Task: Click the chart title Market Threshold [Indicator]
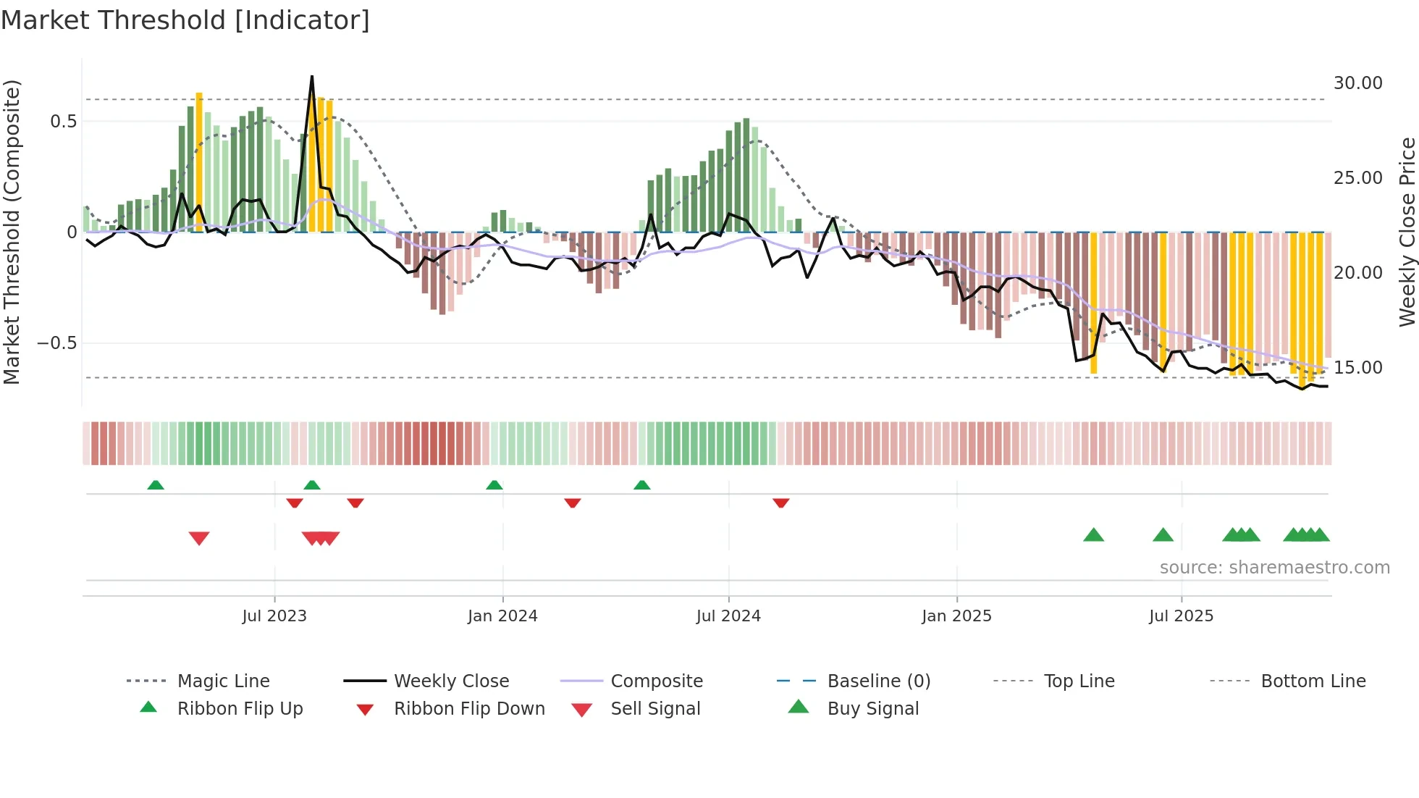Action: pyautogui.click(x=185, y=20)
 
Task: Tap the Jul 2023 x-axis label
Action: pyautogui.click(x=274, y=616)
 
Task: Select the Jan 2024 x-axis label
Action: pyautogui.click(x=502, y=616)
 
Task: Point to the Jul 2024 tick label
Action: pyautogui.click(x=728, y=616)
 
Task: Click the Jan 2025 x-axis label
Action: pyautogui.click(x=956, y=616)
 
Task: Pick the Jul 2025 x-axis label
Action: pyautogui.click(x=1181, y=616)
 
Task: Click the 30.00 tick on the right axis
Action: pyautogui.click(x=1357, y=83)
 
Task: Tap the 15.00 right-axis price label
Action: pyautogui.click(x=1357, y=368)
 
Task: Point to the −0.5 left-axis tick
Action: pyautogui.click(x=56, y=343)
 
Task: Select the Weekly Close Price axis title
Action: pyautogui.click(x=1407, y=232)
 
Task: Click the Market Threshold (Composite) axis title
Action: pyautogui.click(x=12, y=232)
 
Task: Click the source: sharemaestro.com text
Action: pyautogui.click(x=1274, y=568)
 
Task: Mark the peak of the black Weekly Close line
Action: pyautogui.click(x=312, y=76)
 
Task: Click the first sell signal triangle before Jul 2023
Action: pyautogui.click(x=199, y=538)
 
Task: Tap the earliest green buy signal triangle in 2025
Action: pyautogui.click(x=1093, y=536)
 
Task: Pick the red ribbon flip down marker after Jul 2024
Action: pyautogui.click(x=780, y=503)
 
